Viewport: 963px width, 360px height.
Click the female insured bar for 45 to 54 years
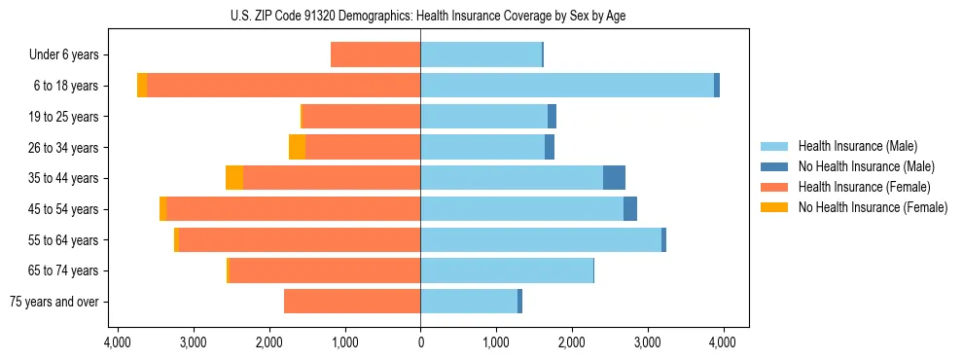coord(293,209)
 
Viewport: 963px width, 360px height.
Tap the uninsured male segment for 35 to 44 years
coord(614,178)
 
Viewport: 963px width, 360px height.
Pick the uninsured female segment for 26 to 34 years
coord(297,147)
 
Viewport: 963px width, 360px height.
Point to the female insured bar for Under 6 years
coord(375,54)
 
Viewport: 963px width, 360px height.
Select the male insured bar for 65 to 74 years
coord(507,270)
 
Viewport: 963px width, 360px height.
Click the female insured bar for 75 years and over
coord(352,302)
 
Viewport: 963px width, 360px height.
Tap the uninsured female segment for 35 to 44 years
coord(234,178)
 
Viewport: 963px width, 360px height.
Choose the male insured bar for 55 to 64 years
coord(541,239)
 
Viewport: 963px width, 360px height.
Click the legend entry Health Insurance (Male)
coord(857,146)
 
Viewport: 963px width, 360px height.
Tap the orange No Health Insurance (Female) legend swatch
coord(774,207)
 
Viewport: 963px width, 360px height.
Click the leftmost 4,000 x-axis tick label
coord(117,342)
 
